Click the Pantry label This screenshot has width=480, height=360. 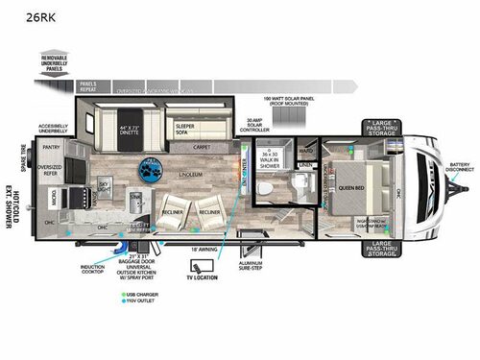pos(51,148)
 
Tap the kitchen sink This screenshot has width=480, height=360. pos(135,199)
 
